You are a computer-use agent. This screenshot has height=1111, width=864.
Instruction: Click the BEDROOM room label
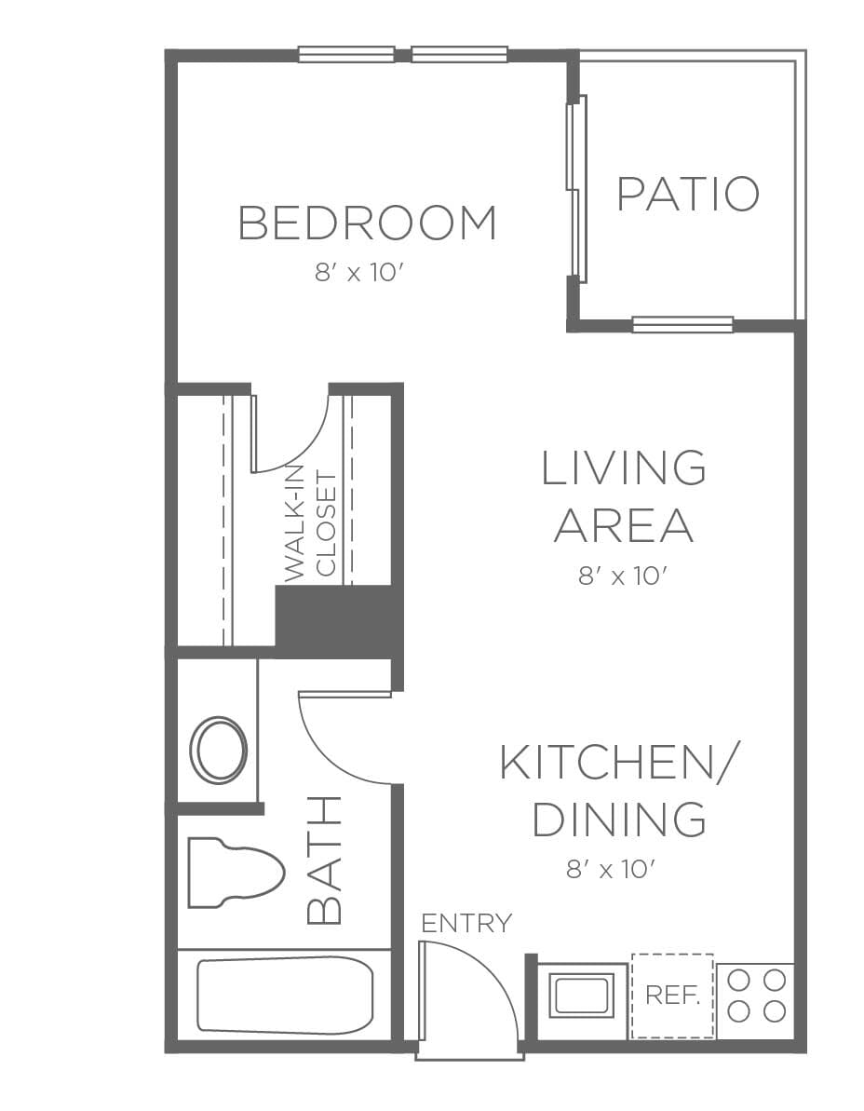coord(367,223)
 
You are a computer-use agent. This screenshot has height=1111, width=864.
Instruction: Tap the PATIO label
coord(688,194)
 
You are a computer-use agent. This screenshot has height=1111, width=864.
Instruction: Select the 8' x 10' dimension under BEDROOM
coord(363,272)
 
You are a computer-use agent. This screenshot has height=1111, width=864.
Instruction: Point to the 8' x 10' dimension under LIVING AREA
coord(623,576)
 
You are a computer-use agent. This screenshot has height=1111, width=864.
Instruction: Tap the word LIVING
coord(623,467)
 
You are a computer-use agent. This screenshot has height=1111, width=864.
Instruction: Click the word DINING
coord(619,819)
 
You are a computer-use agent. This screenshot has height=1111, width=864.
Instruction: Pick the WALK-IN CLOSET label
coord(309,524)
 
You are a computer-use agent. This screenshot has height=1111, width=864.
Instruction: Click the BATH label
coord(324,860)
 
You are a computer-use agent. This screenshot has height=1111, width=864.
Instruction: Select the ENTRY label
coord(466,923)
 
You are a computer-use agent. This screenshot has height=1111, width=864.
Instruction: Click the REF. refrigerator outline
coord(672,996)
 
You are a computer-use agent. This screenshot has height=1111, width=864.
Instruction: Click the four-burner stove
coord(756,996)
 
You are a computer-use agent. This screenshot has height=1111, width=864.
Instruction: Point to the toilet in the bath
coord(236,873)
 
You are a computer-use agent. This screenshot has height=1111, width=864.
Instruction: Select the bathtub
coord(285,996)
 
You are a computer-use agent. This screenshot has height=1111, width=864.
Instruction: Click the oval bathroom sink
coord(219,751)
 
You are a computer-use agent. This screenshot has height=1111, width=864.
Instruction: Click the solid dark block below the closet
coord(339,620)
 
